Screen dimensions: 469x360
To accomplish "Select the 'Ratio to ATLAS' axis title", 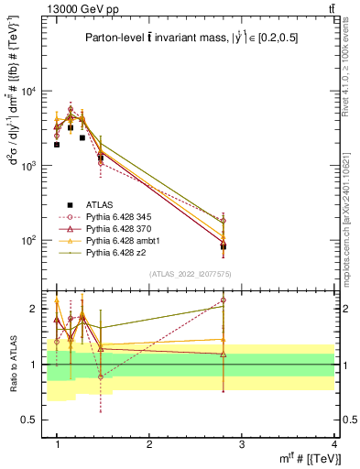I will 13,364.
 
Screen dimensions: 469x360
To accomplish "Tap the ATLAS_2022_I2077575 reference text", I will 195,275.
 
